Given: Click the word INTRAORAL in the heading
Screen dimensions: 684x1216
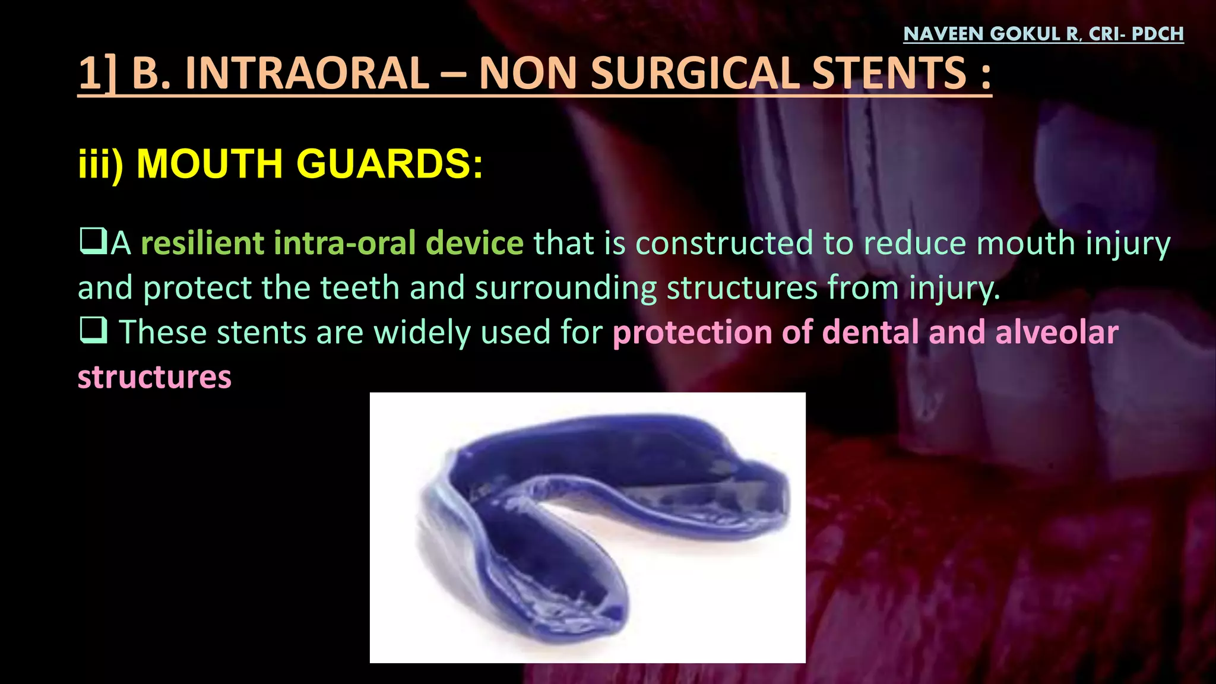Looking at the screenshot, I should (x=306, y=74).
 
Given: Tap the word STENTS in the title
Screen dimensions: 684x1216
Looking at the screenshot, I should (x=889, y=74).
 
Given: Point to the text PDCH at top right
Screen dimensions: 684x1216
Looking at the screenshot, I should (x=1157, y=34).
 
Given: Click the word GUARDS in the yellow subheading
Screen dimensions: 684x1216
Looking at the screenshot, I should (x=389, y=163).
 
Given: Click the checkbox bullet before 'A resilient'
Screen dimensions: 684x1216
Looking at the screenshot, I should (x=93, y=242).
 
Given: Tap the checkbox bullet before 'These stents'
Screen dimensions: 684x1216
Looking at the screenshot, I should (x=93, y=330).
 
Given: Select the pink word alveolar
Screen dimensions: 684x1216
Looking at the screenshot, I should (x=1056, y=332).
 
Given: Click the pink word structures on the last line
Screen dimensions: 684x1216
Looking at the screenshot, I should (x=154, y=377).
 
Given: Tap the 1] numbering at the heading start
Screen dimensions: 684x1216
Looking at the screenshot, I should (x=97, y=74).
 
